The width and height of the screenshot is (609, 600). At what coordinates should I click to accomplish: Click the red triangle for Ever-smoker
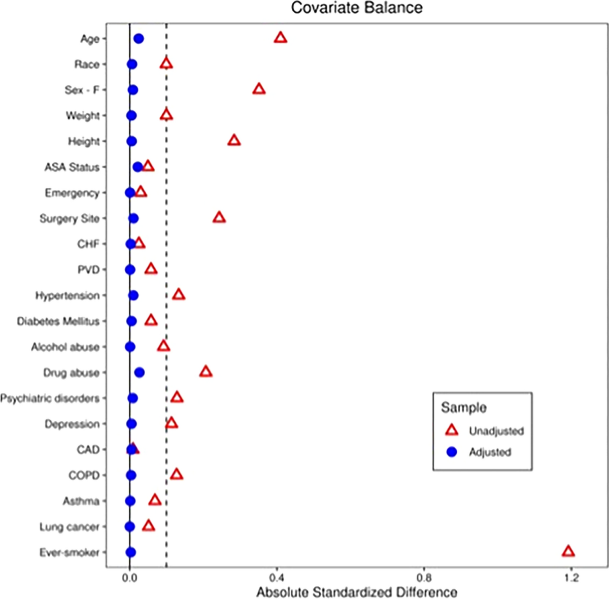pyautogui.click(x=568, y=552)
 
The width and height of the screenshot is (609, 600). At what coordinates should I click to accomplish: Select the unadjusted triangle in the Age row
pyautogui.click(x=280, y=38)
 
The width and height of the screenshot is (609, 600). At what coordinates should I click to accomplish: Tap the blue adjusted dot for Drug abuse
pyautogui.click(x=140, y=373)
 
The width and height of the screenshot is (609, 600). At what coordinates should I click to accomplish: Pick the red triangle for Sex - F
pyautogui.click(x=259, y=89)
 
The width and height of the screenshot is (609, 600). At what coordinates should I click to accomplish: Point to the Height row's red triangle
pyautogui.click(x=234, y=141)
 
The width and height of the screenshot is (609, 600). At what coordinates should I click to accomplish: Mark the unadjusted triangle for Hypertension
pyautogui.click(x=179, y=295)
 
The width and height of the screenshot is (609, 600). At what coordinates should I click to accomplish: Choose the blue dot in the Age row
pyautogui.click(x=139, y=39)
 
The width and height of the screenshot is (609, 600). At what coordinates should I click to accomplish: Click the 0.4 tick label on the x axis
pyautogui.click(x=277, y=578)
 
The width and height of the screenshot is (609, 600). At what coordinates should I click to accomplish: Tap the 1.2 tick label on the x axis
pyautogui.click(x=571, y=578)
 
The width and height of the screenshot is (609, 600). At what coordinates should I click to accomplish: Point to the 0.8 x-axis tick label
pyautogui.click(x=424, y=578)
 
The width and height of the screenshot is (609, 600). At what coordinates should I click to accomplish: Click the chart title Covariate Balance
pyautogui.click(x=357, y=8)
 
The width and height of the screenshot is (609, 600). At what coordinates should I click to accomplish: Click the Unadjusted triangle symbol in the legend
pyautogui.click(x=452, y=430)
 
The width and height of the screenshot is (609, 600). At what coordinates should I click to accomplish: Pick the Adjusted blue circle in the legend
pyautogui.click(x=452, y=452)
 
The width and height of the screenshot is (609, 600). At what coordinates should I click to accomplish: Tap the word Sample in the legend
pyautogui.click(x=464, y=408)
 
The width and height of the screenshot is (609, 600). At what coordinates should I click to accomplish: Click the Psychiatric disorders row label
pyautogui.click(x=50, y=398)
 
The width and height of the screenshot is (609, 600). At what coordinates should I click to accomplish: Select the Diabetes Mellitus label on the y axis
pyautogui.click(x=58, y=321)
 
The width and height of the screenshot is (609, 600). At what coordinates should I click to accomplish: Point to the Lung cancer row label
pyautogui.click(x=70, y=527)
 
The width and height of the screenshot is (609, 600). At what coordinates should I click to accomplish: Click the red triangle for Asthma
pyautogui.click(x=155, y=501)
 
